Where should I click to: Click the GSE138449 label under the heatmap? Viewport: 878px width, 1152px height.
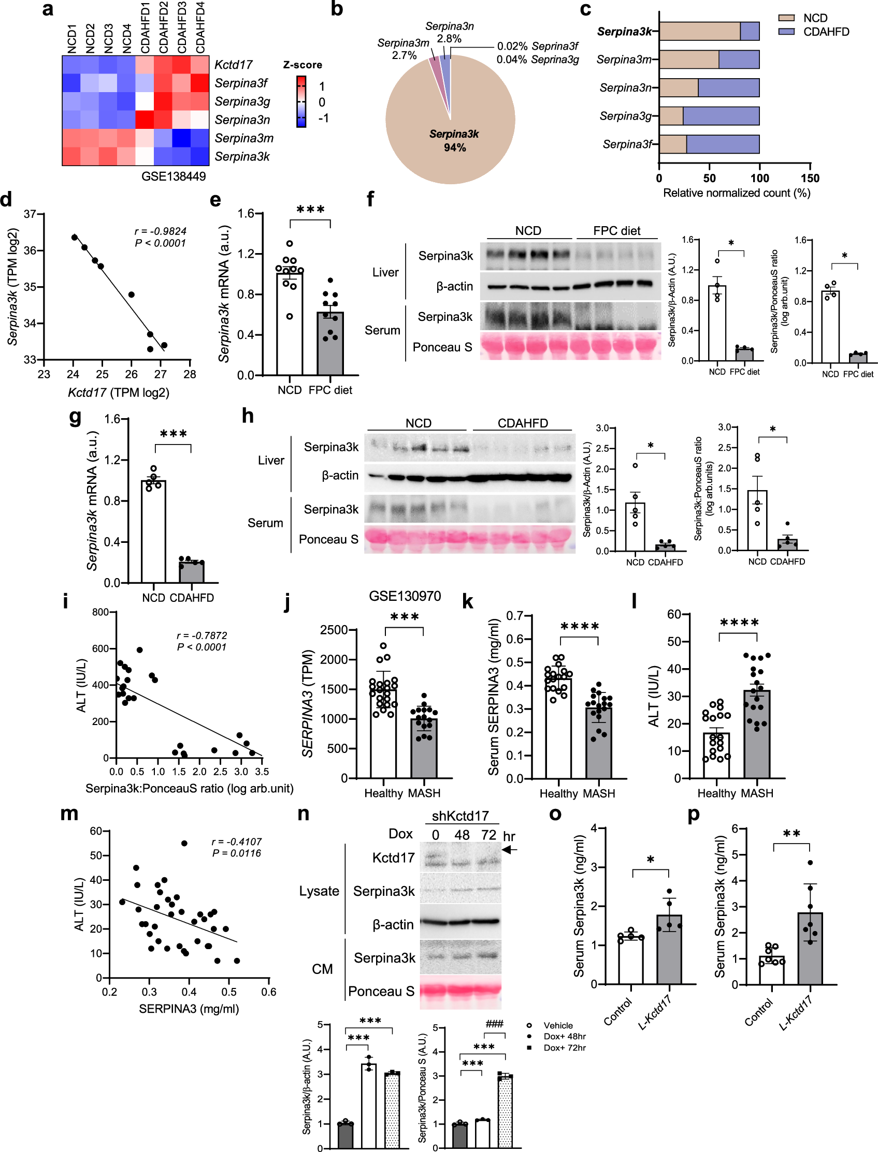pos(173,176)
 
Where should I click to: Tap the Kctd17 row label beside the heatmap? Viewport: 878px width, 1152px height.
pos(233,65)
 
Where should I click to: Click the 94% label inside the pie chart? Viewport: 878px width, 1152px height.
pos(455,148)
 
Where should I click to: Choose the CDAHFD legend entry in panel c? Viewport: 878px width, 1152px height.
pos(826,32)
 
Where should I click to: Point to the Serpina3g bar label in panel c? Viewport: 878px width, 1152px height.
pos(626,116)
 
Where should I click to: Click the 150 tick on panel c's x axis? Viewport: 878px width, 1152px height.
pos(810,179)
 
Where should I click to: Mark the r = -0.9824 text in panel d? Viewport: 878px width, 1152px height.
pos(160,231)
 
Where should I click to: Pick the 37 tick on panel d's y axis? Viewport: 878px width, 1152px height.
pos(30,214)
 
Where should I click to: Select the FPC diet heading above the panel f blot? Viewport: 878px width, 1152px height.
pos(617,231)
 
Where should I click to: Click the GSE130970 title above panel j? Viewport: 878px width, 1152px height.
pos(405,596)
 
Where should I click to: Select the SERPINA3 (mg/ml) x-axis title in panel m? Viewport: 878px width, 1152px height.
pos(189,1009)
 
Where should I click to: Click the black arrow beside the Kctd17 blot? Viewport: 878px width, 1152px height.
pos(510,850)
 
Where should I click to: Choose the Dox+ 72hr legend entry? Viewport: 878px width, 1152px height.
pos(564,1047)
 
